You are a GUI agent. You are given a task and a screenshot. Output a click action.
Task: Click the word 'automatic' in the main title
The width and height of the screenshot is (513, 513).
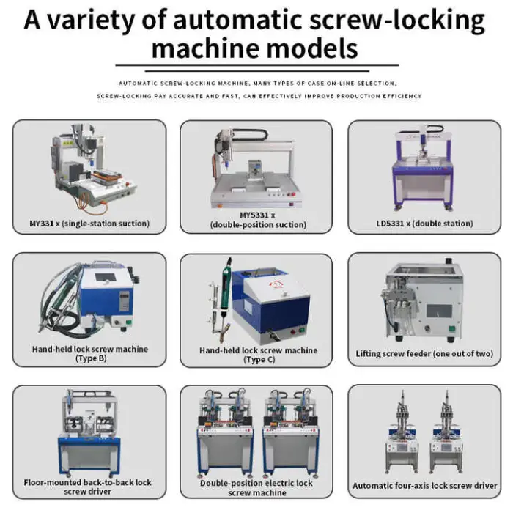[238, 21]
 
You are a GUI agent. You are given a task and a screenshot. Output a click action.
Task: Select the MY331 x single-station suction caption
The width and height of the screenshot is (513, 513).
[89, 224]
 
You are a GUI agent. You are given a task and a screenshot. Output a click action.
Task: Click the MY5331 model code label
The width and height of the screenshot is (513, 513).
[257, 215]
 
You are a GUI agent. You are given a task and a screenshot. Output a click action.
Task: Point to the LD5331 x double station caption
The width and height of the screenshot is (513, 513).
[424, 224]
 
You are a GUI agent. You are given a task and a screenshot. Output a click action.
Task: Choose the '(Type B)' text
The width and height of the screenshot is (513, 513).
[91, 358]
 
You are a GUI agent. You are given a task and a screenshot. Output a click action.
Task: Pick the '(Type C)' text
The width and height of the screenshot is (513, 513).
[259, 360]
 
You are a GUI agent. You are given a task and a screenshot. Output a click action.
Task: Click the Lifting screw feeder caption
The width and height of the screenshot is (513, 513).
[424, 354]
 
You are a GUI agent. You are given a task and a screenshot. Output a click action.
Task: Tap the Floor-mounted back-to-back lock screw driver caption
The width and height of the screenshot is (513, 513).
[88, 487]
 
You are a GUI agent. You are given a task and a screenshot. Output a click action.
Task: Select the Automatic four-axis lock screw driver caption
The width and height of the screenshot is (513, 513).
[424, 486]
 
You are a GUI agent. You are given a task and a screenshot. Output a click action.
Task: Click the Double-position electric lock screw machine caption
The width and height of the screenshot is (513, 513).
[256, 488]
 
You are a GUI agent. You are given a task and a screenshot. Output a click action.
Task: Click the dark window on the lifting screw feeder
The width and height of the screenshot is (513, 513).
[440, 311]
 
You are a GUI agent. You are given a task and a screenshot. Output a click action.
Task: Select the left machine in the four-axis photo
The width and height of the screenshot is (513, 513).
[402, 432]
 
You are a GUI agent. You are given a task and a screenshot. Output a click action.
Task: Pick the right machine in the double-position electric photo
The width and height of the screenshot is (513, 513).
[290, 433]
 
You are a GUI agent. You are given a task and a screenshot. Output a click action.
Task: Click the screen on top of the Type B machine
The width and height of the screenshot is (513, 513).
[106, 278]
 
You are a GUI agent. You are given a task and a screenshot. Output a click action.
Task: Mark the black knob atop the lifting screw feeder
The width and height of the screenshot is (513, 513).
[449, 261]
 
